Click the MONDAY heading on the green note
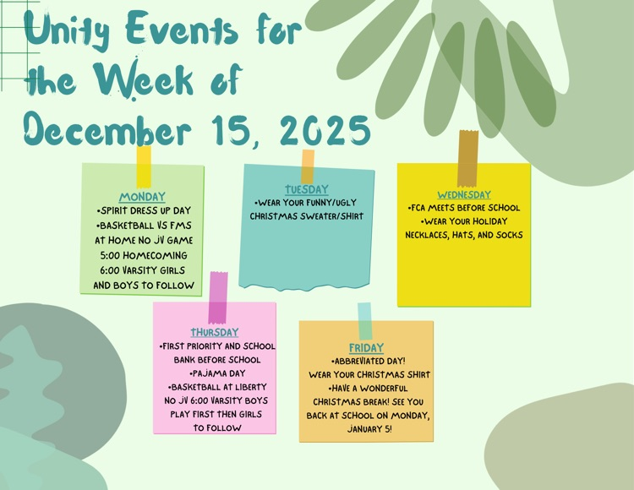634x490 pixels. [142, 197]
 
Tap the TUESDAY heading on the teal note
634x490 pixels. [306, 189]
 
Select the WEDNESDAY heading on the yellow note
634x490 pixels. [463, 194]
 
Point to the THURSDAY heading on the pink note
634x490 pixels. [215, 332]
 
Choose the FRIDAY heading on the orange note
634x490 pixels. [366, 347]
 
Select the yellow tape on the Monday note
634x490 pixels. [144, 166]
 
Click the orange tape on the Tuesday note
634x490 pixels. [308, 166]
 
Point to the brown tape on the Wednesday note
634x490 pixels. [468, 158]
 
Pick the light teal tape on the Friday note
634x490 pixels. [364, 321]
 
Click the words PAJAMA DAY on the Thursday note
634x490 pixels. [216, 373]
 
